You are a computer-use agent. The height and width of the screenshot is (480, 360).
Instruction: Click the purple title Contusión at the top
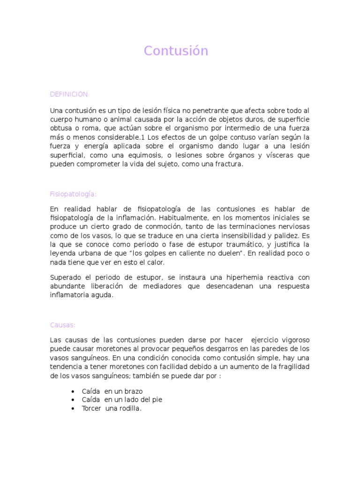tap(176, 51)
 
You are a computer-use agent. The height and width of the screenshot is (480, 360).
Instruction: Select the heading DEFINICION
tap(69, 94)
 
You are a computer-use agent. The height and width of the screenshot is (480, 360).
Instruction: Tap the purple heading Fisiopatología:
tap(73, 194)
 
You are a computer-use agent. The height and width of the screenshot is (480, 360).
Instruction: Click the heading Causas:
tap(63, 325)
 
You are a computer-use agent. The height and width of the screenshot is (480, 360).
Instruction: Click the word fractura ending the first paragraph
tap(229, 165)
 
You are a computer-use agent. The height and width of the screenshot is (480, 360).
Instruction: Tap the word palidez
tap(285, 235)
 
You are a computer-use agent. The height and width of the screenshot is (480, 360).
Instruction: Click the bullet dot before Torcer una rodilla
tap(73, 409)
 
